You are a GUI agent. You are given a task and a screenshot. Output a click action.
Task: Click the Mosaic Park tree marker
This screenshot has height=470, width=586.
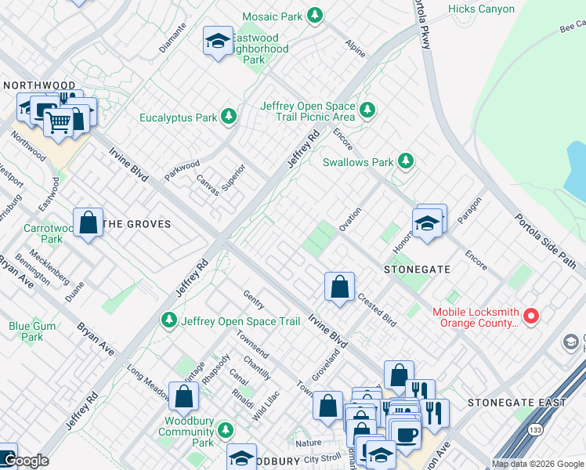click(314, 15)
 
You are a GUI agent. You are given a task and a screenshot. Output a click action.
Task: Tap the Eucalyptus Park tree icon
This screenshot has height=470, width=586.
click(228, 117)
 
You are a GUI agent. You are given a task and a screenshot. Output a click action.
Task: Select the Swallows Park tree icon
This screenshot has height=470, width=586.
click(405, 161)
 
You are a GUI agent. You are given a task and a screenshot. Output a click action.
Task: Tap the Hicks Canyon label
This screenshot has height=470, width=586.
click(481, 9)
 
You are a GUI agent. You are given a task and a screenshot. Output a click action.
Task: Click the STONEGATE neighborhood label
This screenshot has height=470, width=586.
click(417, 269)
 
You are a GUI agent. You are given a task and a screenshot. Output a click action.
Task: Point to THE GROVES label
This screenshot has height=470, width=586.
click(137, 224)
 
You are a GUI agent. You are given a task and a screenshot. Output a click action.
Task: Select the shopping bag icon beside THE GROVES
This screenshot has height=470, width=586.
click(89, 222)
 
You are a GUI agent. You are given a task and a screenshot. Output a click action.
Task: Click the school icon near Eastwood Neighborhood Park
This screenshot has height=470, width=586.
click(217, 42)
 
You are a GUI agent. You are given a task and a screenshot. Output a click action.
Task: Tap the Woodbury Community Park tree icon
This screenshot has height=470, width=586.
click(226, 430)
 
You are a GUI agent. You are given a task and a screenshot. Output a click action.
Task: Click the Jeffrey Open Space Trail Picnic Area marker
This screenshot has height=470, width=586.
click(366, 110)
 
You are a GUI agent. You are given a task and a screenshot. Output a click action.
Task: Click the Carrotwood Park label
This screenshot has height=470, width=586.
click(42, 233)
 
